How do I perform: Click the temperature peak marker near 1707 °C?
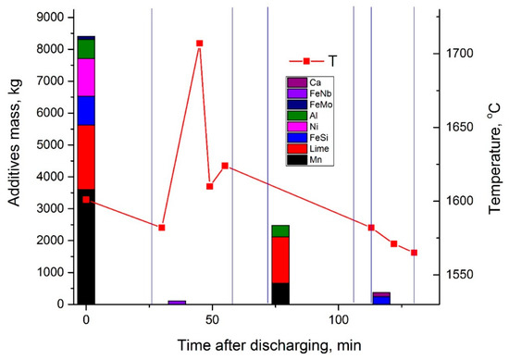click(199, 43)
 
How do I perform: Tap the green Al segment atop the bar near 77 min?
click(279, 230)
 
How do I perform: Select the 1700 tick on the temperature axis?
click(455, 54)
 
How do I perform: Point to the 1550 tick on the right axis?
click(455, 275)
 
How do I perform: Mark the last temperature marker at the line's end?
click(414, 253)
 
